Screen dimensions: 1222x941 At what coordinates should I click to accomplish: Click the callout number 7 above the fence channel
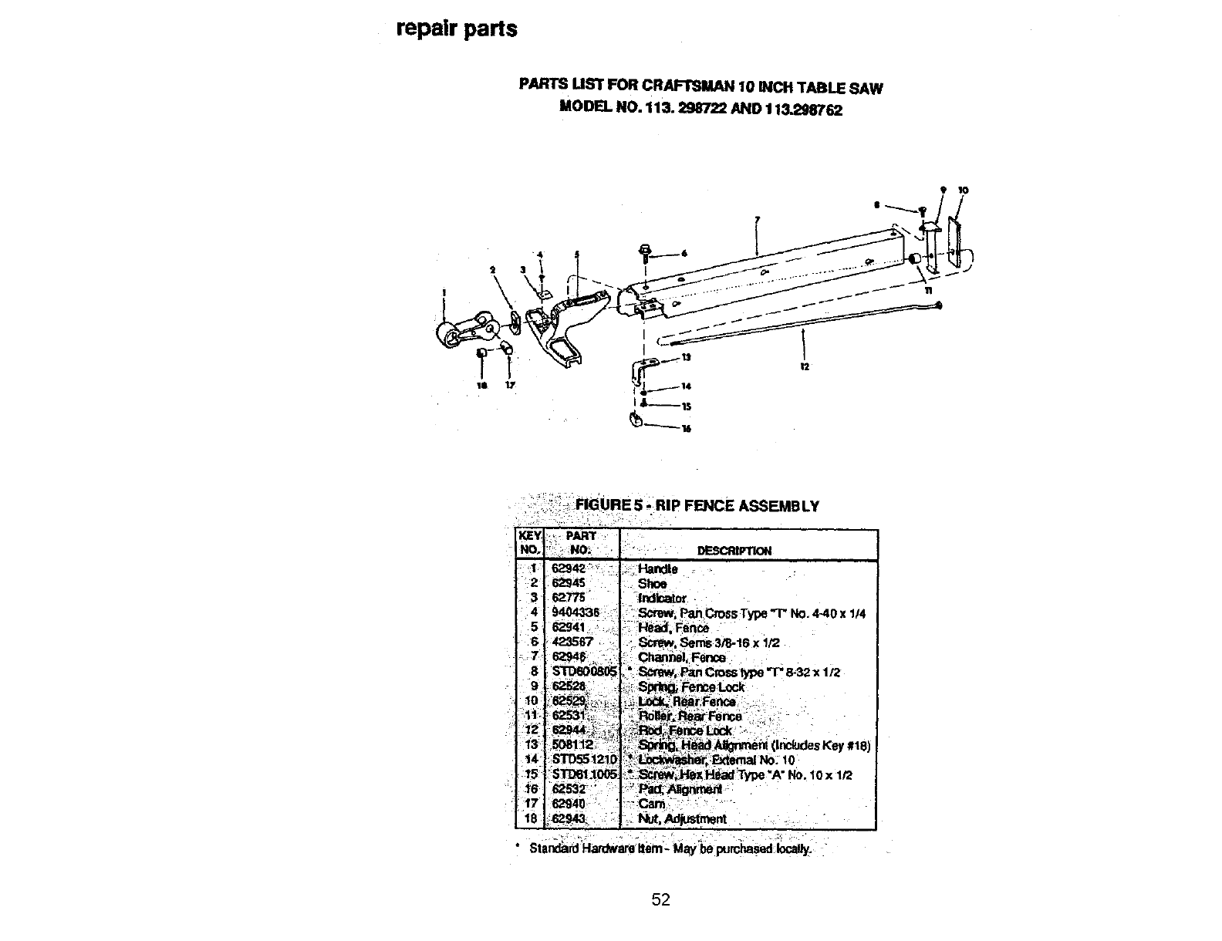(x=757, y=219)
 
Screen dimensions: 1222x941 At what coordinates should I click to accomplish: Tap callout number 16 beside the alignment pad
(x=685, y=430)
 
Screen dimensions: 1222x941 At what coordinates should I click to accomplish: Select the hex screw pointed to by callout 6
(x=645, y=252)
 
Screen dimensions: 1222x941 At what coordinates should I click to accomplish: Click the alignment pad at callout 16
(x=637, y=420)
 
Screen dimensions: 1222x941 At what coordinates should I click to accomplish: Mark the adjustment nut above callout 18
(x=481, y=352)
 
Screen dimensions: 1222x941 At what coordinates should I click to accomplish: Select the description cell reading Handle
(x=657, y=569)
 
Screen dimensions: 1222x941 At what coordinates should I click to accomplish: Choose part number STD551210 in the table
(x=584, y=760)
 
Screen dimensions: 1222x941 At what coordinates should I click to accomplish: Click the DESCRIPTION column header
(x=734, y=551)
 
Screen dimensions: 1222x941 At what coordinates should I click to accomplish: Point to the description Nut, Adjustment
(x=682, y=819)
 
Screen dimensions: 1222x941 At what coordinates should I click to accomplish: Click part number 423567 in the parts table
(x=572, y=643)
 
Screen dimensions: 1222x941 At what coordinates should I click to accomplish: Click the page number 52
(x=660, y=899)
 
